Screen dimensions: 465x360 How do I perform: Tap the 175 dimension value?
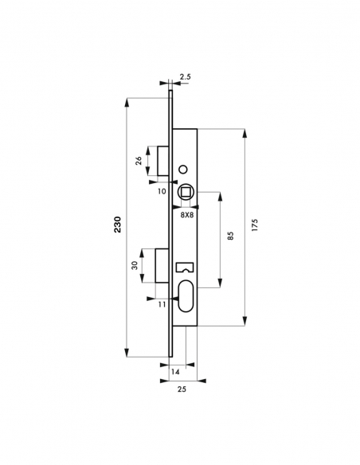coord(254,225)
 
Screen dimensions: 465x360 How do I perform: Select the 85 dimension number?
coord(229,236)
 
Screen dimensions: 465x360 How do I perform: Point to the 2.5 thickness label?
coord(185,78)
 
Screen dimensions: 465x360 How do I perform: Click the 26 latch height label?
coord(139,160)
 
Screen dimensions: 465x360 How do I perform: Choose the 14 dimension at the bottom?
coord(176,372)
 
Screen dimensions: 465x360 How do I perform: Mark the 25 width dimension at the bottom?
coord(182,391)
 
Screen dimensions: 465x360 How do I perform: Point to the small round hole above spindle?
coord(185,169)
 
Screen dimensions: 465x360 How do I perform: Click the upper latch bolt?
coord(161,161)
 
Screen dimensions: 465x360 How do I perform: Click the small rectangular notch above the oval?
coord(186,268)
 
